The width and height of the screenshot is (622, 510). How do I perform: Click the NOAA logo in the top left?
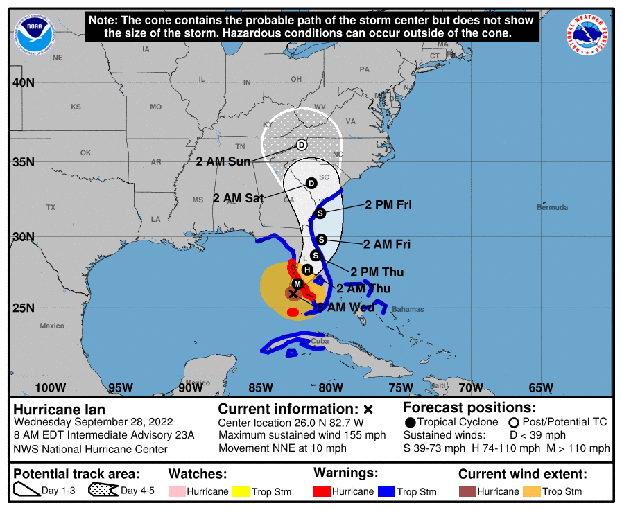point(35,33)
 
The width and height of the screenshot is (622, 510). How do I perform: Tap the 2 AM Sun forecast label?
point(223,161)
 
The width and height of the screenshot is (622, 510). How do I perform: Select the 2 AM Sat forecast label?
point(238,198)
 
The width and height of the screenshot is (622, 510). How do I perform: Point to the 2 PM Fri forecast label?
point(388,205)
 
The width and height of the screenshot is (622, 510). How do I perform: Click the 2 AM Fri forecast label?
point(387,244)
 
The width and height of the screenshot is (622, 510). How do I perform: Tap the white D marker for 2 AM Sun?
point(302,145)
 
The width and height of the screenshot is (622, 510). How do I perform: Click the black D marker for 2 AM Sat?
point(311,183)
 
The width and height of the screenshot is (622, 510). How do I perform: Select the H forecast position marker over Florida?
point(307,270)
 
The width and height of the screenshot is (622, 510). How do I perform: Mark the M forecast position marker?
point(297,284)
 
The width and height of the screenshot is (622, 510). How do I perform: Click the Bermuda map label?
point(552,207)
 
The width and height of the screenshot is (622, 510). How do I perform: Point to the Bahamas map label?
point(407,309)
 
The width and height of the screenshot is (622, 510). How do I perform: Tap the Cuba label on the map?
point(320,341)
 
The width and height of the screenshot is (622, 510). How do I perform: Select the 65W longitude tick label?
point(542,387)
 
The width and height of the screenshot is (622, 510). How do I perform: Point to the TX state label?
point(51,207)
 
